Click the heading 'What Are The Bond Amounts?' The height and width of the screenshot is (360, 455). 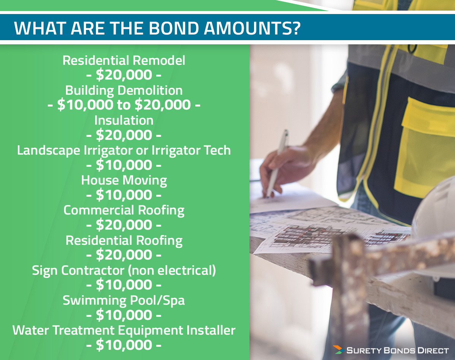157,28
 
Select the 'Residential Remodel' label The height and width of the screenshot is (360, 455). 124,60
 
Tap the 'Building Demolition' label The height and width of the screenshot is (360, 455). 124,90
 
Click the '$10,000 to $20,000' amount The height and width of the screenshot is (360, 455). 124,105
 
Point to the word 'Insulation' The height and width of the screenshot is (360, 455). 124,120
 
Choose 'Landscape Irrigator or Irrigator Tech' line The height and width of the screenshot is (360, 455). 124,150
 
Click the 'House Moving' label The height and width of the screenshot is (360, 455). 124,180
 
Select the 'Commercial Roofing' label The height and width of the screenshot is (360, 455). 124,210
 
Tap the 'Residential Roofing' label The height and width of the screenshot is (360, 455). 124,240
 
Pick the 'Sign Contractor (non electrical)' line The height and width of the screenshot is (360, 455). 124,270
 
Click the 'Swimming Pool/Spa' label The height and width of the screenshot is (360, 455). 124,300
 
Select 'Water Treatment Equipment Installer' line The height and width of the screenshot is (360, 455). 124,330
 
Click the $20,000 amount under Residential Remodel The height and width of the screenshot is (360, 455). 124,75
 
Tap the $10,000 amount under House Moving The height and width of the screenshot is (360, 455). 124,195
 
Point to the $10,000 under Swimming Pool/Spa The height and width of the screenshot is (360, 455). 124,315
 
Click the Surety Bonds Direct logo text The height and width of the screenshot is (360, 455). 396,349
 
